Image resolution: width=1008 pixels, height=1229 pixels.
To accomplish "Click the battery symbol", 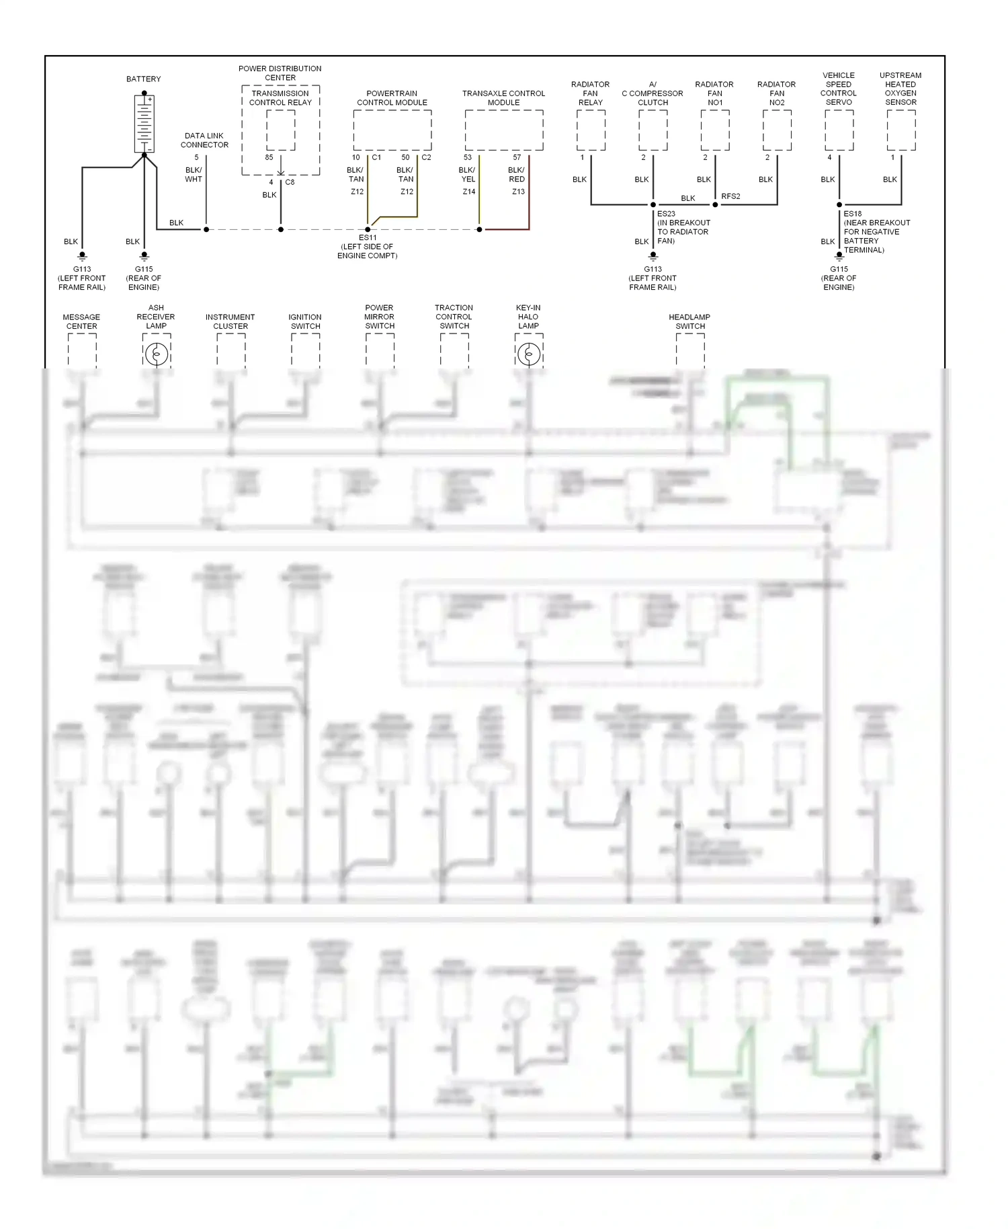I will (x=144, y=124).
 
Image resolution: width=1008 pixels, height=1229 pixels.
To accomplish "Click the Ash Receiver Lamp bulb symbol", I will (x=157, y=354).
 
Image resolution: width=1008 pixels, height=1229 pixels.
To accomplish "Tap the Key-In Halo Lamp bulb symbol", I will (x=529, y=354).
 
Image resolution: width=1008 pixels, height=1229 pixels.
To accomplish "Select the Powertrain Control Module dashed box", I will (x=392, y=130).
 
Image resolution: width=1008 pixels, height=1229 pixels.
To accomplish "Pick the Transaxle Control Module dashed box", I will (x=504, y=130).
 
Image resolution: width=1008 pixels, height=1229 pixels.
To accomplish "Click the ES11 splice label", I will (x=368, y=238).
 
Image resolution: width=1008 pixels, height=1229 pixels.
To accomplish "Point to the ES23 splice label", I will (x=666, y=214).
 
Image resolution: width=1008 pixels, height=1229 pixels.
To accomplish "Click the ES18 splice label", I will (x=853, y=214).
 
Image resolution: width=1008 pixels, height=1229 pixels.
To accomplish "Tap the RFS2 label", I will (x=730, y=196).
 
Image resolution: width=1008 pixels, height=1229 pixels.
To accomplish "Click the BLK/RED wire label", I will (x=517, y=175).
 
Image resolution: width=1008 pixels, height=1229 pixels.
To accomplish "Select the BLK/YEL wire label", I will (x=467, y=175).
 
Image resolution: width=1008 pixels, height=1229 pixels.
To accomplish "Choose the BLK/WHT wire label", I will (x=194, y=175).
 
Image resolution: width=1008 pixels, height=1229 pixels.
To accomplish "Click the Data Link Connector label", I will (x=204, y=141).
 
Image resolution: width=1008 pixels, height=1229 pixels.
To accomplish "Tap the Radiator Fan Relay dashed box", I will (x=591, y=130).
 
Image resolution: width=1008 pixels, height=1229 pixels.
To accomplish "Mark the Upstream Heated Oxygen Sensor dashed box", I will (x=901, y=130).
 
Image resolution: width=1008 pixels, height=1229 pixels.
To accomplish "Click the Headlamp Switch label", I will (x=689, y=321).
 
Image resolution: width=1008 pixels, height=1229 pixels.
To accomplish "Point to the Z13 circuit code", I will (x=518, y=192).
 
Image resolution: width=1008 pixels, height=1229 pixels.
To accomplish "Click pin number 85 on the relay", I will (x=269, y=157).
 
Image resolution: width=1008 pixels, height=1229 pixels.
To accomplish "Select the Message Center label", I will (x=81, y=321).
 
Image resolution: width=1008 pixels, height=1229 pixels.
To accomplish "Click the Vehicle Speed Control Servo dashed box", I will (x=839, y=130).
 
